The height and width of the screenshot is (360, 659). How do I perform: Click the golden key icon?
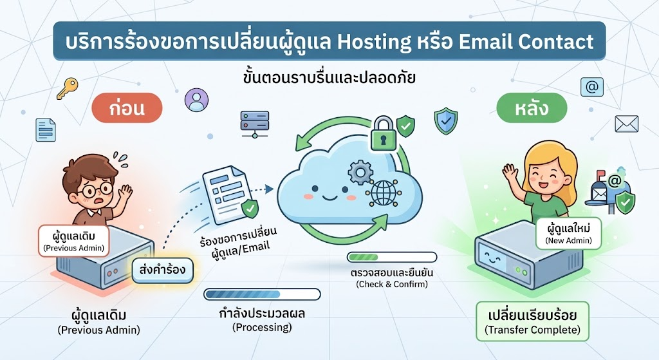click(x=67, y=88)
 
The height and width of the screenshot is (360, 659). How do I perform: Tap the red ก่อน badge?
click(x=127, y=108)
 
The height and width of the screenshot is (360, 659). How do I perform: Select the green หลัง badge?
click(x=532, y=108)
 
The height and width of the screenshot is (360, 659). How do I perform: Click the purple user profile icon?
click(x=196, y=100)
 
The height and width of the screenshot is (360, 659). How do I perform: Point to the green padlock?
click(x=383, y=134)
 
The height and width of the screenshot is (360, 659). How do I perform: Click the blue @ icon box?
click(x=592, y=87)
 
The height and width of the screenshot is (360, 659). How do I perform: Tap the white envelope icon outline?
click(x=627, y=124)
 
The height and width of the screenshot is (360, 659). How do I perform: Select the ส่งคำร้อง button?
click(x=163, y=270)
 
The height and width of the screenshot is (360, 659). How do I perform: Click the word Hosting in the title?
click(x=374, y=42)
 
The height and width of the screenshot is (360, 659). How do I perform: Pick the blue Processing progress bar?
click(x=262, y=294)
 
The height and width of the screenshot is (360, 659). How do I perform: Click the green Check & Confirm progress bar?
click(x=392, y=257)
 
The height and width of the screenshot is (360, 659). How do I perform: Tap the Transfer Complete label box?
click(x=532, y=321)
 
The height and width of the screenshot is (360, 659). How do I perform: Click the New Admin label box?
click(x=569, y=233)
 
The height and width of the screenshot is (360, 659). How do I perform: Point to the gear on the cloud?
click(x=360, y=172)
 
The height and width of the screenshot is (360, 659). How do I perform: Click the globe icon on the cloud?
click(x=384, y=193)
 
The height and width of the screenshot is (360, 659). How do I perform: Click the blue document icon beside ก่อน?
click(x=46, y=130)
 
